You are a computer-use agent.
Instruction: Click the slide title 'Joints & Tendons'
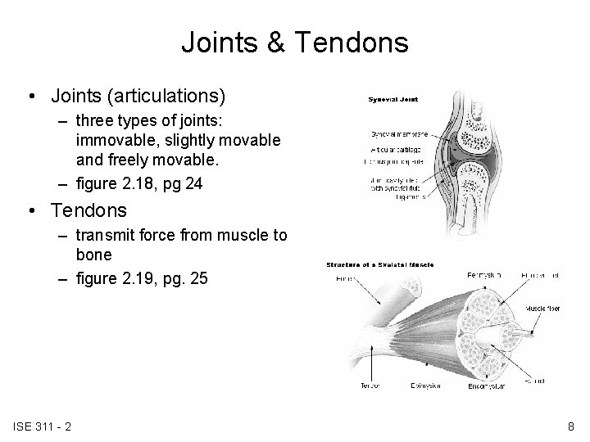coord(294,42)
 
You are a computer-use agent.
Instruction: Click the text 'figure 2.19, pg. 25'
coord(143,279)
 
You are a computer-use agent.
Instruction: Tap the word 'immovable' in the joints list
coord(110,140)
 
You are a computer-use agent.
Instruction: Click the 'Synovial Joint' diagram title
coord(392,99)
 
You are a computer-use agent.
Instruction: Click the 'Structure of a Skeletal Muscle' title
coord(380,265)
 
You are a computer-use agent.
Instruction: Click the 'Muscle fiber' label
coord(542,309)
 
